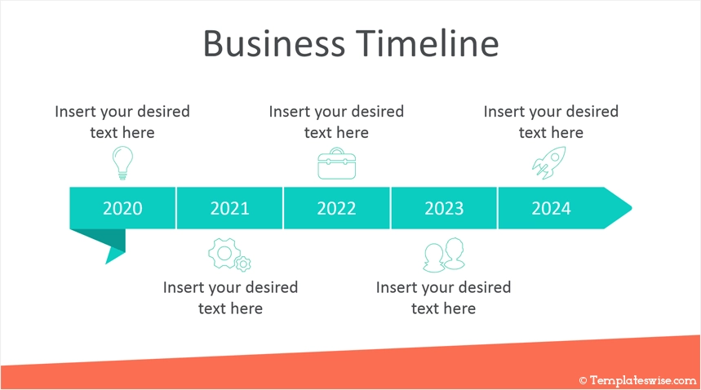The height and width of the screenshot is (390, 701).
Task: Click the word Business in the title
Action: (x=274, y=43)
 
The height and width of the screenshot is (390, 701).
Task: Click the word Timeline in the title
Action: (x=428, y=43)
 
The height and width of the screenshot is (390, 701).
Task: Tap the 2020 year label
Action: (x=122, y=209)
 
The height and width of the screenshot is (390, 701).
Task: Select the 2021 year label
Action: (x=230, y=209)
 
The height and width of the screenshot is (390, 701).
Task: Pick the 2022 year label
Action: (x=337, y=209)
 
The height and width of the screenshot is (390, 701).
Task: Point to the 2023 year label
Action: (x=444, y=209)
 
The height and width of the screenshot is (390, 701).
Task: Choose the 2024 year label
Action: (x=551, y=209)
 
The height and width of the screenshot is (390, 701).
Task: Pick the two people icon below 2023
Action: (x=444, y=255)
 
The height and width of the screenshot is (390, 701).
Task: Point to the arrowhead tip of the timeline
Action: (x=632, y=208)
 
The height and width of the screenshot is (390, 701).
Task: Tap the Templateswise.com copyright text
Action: (x=638, y=381)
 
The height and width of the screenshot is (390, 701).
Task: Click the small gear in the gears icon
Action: (x=243, y=264)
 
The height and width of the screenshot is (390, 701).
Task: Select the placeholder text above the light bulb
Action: (x=122, y=122)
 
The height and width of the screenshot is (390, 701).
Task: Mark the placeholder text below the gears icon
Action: (x=230, y=298)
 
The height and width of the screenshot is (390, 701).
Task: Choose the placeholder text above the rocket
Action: (x=551, y=122)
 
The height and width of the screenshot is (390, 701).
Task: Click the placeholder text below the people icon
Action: (x=443, y=298)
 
